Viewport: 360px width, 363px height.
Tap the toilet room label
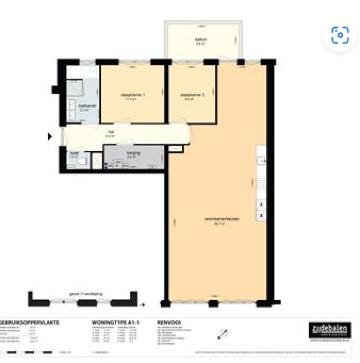(73, 154)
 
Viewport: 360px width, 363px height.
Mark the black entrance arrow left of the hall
(50, 136)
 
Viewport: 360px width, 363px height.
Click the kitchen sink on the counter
(261, 160)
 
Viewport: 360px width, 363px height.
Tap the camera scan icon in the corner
(340, 35)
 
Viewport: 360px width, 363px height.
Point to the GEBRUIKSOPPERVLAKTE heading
(30, 323)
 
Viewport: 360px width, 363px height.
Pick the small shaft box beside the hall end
(174, 148)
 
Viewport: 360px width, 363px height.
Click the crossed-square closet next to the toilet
(97, 161)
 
